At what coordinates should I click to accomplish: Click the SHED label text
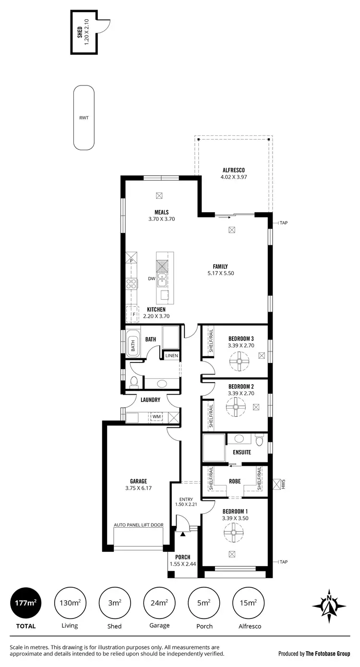80,32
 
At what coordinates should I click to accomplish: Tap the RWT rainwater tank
84,117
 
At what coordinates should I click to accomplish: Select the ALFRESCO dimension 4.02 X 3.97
234,177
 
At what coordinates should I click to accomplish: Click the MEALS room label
161,212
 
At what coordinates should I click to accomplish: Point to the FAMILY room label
220,267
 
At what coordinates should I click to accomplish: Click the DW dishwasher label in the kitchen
151,278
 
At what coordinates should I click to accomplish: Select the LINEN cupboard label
172,356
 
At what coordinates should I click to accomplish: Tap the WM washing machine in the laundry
156,416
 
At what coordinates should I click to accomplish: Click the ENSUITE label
242,452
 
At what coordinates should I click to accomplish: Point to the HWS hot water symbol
277,484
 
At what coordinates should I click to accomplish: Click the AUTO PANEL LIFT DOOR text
138,525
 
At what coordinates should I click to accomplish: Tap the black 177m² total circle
25,602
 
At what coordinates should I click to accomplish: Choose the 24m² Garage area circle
159,602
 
